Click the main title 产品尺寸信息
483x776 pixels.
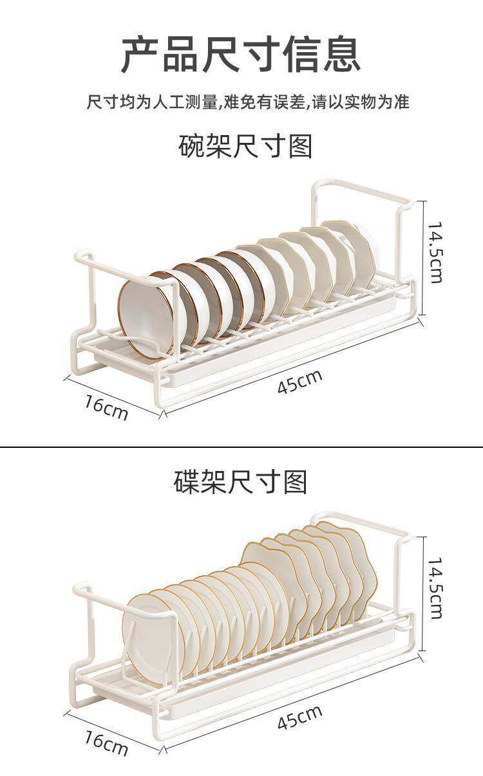tap(241, 55)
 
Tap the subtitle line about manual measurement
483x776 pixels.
tap(248, 102)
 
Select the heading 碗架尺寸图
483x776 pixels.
tap(245, 147)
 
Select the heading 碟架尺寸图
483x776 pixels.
tap(241, 482)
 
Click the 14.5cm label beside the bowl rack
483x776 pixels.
tap(435, 252)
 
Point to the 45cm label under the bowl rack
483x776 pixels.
tap(299, 382)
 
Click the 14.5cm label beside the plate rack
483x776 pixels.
tap(435, 588)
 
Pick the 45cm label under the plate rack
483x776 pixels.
tap(299, 717)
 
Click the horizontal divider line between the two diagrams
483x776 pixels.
tap(241, 447)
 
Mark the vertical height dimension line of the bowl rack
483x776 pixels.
tap(423, 257)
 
